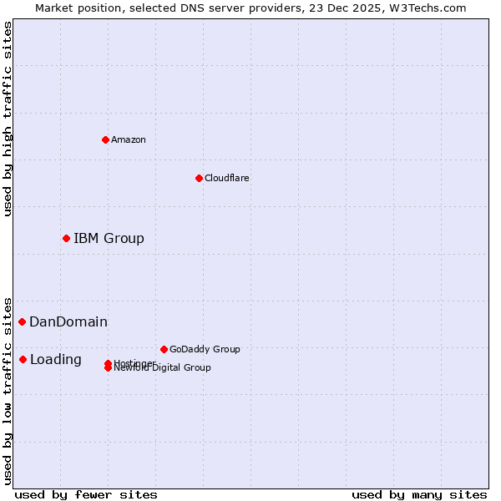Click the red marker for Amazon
click(105, 139)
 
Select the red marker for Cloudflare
click(199, 178)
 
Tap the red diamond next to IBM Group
click(66, 238)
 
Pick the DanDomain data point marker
click(22, 321)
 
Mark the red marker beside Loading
click(23, 359)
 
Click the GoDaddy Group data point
click(164, 349)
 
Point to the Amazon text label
click(128, 139)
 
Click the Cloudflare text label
click(226, 178)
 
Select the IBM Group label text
click(109, 238)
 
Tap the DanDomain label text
click(68, 321)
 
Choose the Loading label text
click(56, 359)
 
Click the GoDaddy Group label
click(205, 349)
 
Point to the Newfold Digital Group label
click(163, 368)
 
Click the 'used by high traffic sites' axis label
click(8, 119)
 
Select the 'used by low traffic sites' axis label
click(8, 390)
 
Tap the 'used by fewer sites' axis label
click(86, 494)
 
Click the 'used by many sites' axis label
click(419, 494)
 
